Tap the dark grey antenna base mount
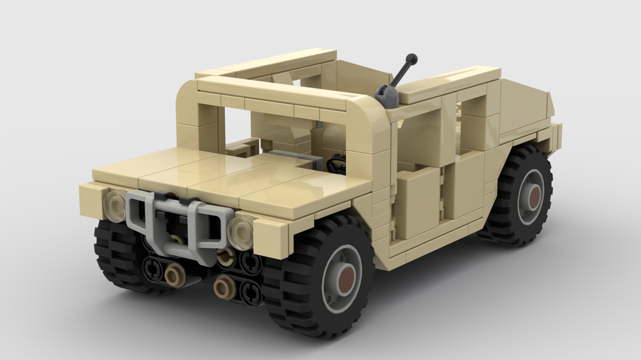click(386, 96)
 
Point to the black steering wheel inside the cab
click(335, 165)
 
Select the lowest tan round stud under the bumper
click(224, 288)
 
